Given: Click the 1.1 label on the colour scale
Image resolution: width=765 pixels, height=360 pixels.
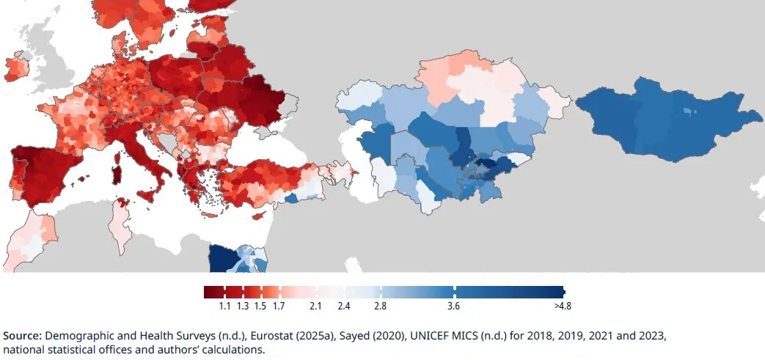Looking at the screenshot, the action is click(224, 306).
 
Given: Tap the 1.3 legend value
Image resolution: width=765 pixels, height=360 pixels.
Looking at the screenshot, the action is click(243, 306).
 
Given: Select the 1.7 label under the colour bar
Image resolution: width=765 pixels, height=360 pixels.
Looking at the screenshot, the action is click(279, 306).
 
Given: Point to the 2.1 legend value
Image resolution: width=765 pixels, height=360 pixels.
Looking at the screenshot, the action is click(315, 306).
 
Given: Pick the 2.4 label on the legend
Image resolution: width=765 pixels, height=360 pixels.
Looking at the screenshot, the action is click(344, 306).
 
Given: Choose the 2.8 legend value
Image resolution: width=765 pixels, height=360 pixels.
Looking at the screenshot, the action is click(381, 306).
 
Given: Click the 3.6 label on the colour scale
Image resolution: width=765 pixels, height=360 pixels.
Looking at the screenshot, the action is click(453, 306).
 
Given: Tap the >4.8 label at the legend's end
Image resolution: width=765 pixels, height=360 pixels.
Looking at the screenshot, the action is click(563, 306).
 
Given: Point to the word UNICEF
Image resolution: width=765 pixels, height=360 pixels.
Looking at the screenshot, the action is click(427, 336).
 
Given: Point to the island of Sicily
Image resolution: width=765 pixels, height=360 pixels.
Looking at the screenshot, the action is click(147, 196).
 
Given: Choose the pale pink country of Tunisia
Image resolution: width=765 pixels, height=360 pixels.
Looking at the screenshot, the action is click(119, 225).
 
